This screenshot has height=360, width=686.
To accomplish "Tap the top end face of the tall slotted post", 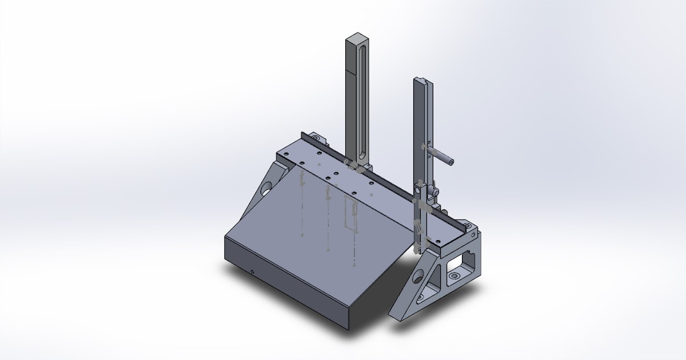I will [356, 37].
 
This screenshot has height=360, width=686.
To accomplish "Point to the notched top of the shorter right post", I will [423, 81].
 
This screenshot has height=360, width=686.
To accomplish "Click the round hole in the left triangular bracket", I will [267, 188].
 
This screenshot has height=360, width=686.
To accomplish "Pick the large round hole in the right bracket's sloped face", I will [418, 278].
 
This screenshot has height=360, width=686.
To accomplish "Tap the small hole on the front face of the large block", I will [252, 271].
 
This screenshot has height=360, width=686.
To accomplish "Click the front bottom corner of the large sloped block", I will [347, 328].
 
